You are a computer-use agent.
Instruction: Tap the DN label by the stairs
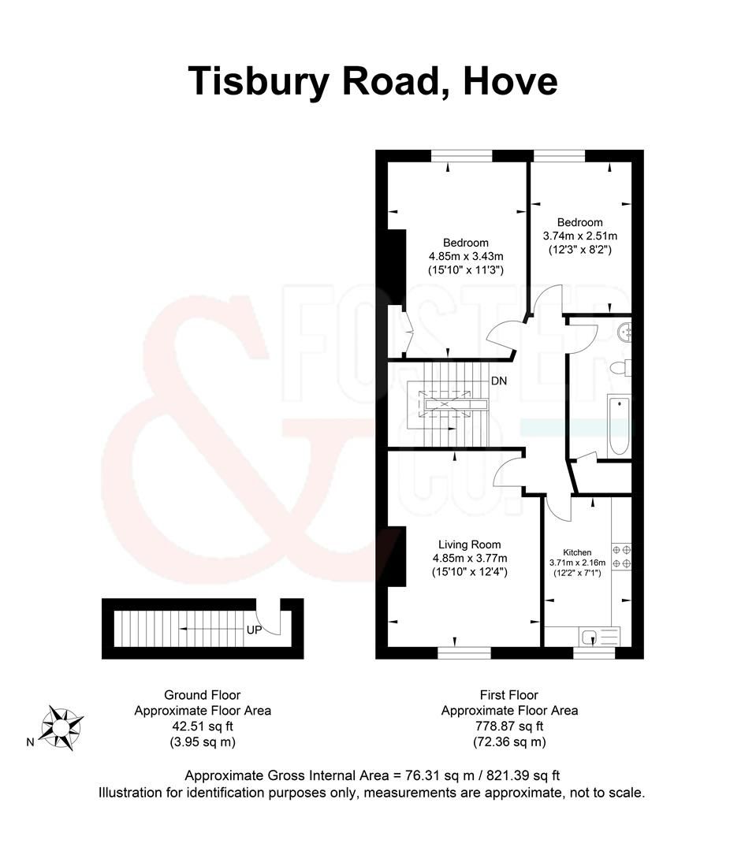(x=499, y=381)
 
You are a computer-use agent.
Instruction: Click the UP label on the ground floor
(x=254, y=630)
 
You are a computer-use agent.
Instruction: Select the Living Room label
(x=470, y=544)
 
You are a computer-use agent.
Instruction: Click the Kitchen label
(x=576, y=552)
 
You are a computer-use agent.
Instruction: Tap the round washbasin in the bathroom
(x=626, y=332)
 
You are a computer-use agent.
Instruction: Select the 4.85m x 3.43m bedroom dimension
(x=466, y=256)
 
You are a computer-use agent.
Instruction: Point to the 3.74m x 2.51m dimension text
(x=579, y=236)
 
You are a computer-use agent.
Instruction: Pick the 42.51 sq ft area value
(x=202, y=726)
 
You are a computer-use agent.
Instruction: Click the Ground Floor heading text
(x=202, y=694)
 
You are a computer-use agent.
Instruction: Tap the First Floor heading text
(x=508, y=694)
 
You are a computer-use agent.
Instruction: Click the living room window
(x=464, y=653)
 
